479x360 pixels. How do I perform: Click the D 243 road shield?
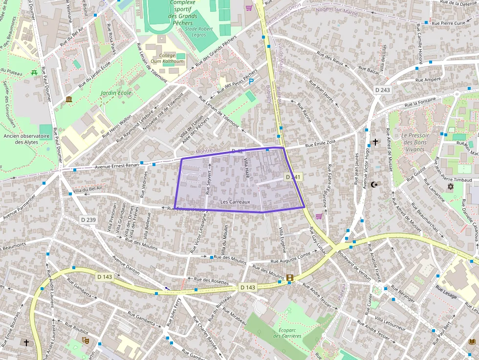tap(383, 90)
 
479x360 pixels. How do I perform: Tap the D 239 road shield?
tap(88, 220)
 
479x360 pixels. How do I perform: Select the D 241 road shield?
tap(294, 177)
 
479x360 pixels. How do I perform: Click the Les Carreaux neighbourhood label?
tap(235, 202)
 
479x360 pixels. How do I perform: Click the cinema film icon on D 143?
tap(291, 278)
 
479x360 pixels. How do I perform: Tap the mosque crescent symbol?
tap(375, 185)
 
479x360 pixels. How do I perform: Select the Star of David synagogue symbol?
tap(450, 187)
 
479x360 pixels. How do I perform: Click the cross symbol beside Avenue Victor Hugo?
tap(375, 142)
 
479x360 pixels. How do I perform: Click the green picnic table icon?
tap(34, 73)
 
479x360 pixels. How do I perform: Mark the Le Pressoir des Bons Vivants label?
tap(414, 142)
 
